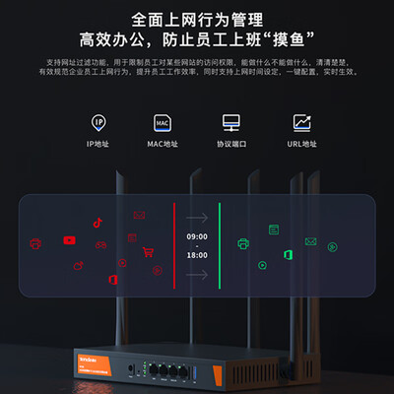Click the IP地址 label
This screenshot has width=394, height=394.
pos(98,144)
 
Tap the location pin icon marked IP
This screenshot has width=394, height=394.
pos(98,122)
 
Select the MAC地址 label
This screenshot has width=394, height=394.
pos(163,144)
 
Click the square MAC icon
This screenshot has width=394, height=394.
pos(163,122)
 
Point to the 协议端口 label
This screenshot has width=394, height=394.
pos(231,144)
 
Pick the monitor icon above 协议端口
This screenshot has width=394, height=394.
pos(231,122)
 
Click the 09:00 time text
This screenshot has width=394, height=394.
pos(197,236)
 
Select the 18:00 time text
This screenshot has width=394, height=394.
pos(197,254)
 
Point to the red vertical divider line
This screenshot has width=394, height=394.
pos(173,246)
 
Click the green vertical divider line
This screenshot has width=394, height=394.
pos(219,246)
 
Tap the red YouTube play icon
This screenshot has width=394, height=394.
pos(69,239)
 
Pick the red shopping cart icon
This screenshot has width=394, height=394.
pos(149,251)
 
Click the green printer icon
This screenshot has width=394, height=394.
pos(243,242)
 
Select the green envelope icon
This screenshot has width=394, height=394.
pos(310,241)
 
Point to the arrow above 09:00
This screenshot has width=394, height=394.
pos(197,217)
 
